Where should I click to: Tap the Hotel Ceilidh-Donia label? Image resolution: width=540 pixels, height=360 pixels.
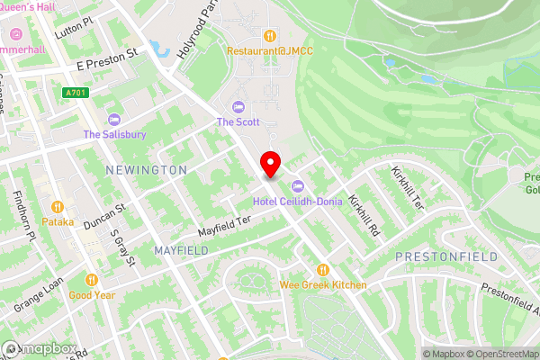[297, 202]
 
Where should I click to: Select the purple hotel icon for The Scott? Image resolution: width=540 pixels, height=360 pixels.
[238, 106]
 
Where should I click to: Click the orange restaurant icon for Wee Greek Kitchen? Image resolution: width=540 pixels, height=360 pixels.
[322, 269]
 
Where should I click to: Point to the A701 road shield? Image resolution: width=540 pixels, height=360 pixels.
[76, 93]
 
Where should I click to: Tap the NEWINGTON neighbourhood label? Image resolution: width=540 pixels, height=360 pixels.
[146, 169]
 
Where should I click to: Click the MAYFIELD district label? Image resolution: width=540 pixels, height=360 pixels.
[180, 249]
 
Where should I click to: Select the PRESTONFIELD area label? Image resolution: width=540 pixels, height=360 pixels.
[446, 256]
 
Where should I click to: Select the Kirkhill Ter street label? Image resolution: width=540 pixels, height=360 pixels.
[407, 186]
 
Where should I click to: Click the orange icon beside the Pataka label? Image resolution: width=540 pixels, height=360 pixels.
[58, 205]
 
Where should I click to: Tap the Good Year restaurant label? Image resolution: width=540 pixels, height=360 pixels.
[92, 294]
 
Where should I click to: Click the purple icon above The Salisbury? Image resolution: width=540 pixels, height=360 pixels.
[114, 120]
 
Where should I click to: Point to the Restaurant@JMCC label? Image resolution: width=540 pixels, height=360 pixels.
[269, 51]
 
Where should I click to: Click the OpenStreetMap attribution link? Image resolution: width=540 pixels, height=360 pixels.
[498, 354]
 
